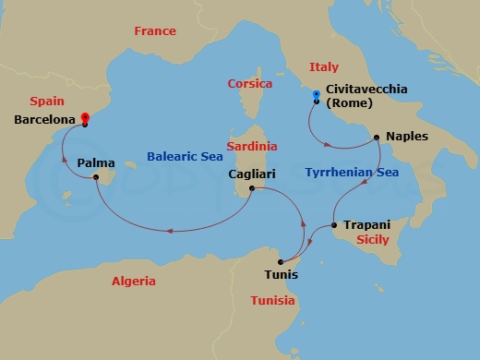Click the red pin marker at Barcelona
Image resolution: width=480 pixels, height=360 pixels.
tap(84, 118)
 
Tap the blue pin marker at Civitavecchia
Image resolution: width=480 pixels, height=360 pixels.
tap(316, 95)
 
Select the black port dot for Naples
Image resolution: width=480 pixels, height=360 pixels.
tap(377, 138)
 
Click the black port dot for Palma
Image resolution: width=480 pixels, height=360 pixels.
tap(97, 179)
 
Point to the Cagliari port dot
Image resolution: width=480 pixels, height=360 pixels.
tap(251, 189)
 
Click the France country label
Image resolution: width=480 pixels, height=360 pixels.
tap(154, 31)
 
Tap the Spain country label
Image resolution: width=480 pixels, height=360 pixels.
tap(46, 100)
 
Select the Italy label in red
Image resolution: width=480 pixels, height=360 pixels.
tap(324, 67)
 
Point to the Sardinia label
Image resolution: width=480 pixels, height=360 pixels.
tap(252, 147)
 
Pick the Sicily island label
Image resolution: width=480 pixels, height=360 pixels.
tap(374, 239)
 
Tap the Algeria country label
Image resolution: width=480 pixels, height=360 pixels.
tap(133, 281)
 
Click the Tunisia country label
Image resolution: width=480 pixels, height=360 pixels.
tap(272, 301)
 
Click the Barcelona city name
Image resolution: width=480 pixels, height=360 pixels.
tap(45, 120)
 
